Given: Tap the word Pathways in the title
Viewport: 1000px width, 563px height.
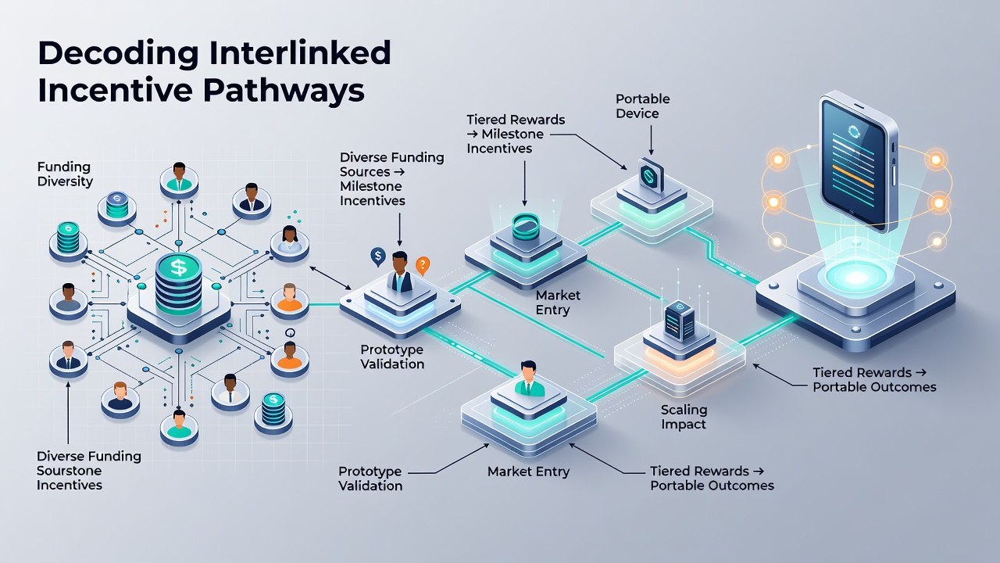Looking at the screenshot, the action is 284,91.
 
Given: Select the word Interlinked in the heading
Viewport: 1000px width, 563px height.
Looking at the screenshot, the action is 299,52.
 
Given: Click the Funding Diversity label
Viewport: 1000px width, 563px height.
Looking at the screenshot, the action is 65,174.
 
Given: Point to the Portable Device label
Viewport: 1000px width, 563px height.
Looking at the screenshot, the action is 642,106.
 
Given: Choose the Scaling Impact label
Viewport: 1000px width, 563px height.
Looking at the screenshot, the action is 684,417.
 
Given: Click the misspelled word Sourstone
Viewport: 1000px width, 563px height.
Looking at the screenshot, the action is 70,471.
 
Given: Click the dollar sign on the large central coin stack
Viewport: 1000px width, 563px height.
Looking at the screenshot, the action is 179,267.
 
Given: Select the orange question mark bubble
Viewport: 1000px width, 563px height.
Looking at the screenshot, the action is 423,265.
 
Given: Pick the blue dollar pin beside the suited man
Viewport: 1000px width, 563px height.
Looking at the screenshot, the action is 378,256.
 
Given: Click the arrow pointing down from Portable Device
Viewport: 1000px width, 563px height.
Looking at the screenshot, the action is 651,140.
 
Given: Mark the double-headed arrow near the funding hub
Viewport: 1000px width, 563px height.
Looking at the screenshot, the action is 330,278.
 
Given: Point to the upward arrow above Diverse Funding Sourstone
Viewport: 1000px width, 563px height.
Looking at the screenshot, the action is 68,412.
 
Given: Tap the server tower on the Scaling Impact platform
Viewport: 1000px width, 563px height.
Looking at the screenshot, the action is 680,321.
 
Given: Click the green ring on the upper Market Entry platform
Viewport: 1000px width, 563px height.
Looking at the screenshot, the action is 526,226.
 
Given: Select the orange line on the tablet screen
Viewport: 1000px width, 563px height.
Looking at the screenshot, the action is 852,176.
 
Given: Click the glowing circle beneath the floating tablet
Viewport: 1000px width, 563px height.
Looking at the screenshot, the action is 855,278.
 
